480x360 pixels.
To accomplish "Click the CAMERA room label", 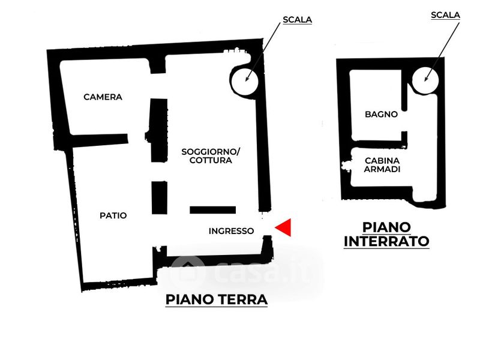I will point(103,97).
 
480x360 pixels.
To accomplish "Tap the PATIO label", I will point(113,215).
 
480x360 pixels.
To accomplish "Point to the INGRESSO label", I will point(231,230).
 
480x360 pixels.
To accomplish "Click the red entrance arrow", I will point(283,227).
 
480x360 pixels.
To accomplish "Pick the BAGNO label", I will point(381,114).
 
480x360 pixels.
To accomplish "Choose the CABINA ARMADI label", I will point(382,165).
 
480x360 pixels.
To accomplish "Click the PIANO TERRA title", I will point(216,299).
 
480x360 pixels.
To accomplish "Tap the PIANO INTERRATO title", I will point(386,234).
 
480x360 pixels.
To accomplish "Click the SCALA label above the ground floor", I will point(297,20).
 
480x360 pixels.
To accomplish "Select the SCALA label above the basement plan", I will point(445,15).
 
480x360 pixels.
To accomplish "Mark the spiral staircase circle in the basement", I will point(427,77).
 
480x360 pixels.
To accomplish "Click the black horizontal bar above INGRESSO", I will point(213,210).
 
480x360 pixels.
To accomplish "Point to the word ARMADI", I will point(382,170).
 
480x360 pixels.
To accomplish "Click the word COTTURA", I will point(211,161).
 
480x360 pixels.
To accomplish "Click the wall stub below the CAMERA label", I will point(100,140).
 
